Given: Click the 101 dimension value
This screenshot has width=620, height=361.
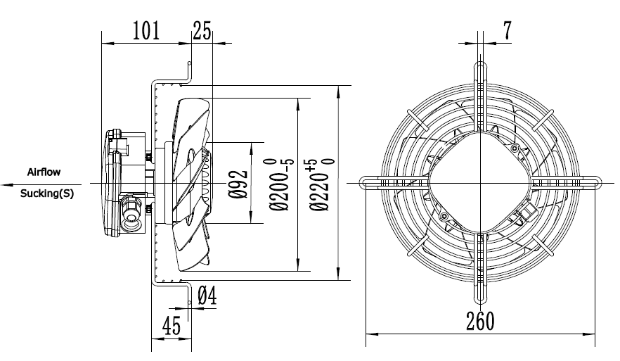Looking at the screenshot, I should (146, 30).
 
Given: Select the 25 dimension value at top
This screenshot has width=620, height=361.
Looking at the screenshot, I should (202, 30).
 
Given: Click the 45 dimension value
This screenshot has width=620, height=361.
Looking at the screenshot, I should (172, 327).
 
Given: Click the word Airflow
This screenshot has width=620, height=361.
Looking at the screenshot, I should (44, 172).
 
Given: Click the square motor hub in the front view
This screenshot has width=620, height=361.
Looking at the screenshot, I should (481, 182).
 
